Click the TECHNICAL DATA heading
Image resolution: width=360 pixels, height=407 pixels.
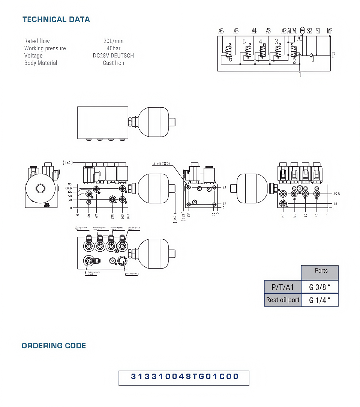tap(56, 20)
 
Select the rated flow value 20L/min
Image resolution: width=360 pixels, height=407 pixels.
tap(113, 41)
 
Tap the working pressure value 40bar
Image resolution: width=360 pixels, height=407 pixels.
tap(113, 48)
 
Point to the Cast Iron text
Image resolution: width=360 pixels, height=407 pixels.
tap(113, 63)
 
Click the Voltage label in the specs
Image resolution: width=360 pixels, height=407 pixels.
tap(33, 56)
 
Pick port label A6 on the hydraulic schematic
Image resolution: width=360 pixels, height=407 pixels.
tap(221, 31)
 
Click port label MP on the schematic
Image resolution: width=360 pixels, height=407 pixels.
tap(329, 31)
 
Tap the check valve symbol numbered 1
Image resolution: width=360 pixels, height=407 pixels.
tap(311, 56)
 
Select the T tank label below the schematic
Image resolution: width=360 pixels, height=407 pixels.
tap(301, 75)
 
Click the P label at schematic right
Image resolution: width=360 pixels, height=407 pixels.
tap(333, 55)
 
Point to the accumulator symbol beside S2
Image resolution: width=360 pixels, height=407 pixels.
tap(303, 32)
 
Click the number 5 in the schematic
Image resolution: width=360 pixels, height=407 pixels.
tap(244, 42)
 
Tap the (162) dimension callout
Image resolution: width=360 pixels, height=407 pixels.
tap(67, 163)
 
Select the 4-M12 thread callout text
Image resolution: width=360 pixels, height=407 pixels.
tap(162, 164)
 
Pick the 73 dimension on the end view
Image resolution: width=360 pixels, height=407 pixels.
tap(224, 187)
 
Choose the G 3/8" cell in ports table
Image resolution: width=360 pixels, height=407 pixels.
tap(319, 288)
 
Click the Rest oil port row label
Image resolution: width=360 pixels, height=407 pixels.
tap(283, 300)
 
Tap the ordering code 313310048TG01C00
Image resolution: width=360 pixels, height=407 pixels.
tap(184, 377)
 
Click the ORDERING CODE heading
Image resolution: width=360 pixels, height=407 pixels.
tap(54, 346)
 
